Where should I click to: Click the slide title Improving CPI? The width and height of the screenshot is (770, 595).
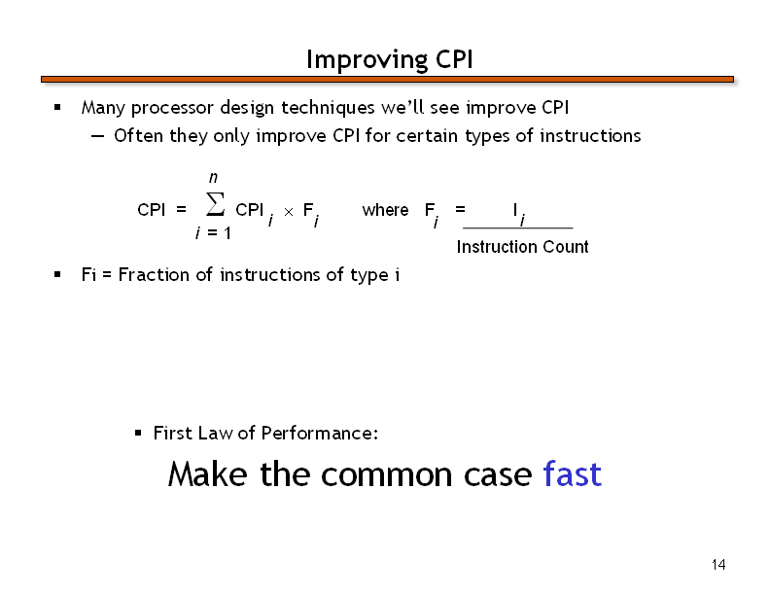click(390, 60)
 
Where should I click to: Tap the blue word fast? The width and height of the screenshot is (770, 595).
click(572, 474)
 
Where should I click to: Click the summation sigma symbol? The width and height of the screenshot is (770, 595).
click(215, 204)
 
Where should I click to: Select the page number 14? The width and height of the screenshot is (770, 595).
click(718, 565)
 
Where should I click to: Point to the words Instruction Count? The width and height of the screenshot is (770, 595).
click(522, 246)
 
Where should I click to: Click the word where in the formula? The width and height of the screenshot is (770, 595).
click(386, 210)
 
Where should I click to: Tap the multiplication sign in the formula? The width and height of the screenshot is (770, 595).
click(289, 212)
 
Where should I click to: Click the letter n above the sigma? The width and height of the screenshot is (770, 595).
click(213, 177)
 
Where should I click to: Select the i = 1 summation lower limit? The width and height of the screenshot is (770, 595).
click(213, 232)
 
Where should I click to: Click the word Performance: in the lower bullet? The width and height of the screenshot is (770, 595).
click(320, 433)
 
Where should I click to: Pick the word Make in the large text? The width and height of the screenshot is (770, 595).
click(207, 474)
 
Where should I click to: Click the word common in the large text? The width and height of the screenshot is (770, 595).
click(387, 475)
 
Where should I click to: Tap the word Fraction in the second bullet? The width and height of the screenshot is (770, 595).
click(154, 274)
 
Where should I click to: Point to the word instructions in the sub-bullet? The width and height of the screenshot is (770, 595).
click(590, 135)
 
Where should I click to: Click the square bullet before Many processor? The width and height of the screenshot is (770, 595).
click(57, 107)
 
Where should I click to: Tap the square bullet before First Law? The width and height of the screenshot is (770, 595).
click(138, 433)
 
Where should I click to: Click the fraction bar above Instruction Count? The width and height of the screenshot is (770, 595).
click(518, 227)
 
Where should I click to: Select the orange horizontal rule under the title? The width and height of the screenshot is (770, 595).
click(388, 79)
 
